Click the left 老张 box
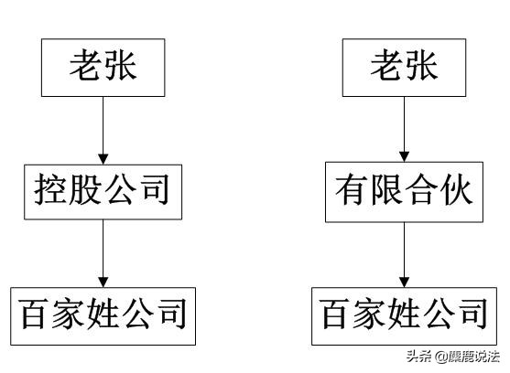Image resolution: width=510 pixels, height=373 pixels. click(x=104, y=68)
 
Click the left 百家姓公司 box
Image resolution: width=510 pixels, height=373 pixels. click(x=103, y=315)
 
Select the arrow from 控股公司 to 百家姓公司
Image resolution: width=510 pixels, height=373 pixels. click(x=104, y=253)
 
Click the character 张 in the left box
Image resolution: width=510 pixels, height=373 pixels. click(x=123, y=68)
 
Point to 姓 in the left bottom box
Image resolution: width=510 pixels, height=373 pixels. click(x=103, y=315)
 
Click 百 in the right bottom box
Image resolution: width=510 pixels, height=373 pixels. click(x=336, y=315)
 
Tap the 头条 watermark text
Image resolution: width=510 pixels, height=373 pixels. click(x=418, y=357)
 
